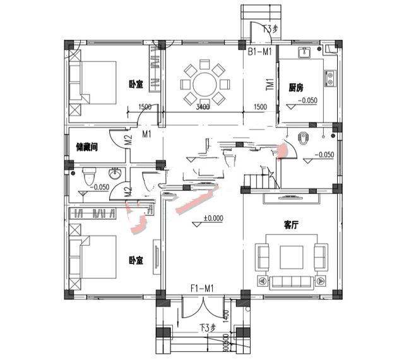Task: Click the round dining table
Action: point(204,83)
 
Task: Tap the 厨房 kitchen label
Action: point(298,87)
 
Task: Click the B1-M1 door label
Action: point(259,52)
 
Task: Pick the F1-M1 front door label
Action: point(202,289)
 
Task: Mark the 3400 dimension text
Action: point(203,107)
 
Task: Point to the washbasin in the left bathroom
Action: point(116,174)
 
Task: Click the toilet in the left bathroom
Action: point(88,174)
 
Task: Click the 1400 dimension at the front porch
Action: point(225,315)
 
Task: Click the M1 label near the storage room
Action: point(146,134)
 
